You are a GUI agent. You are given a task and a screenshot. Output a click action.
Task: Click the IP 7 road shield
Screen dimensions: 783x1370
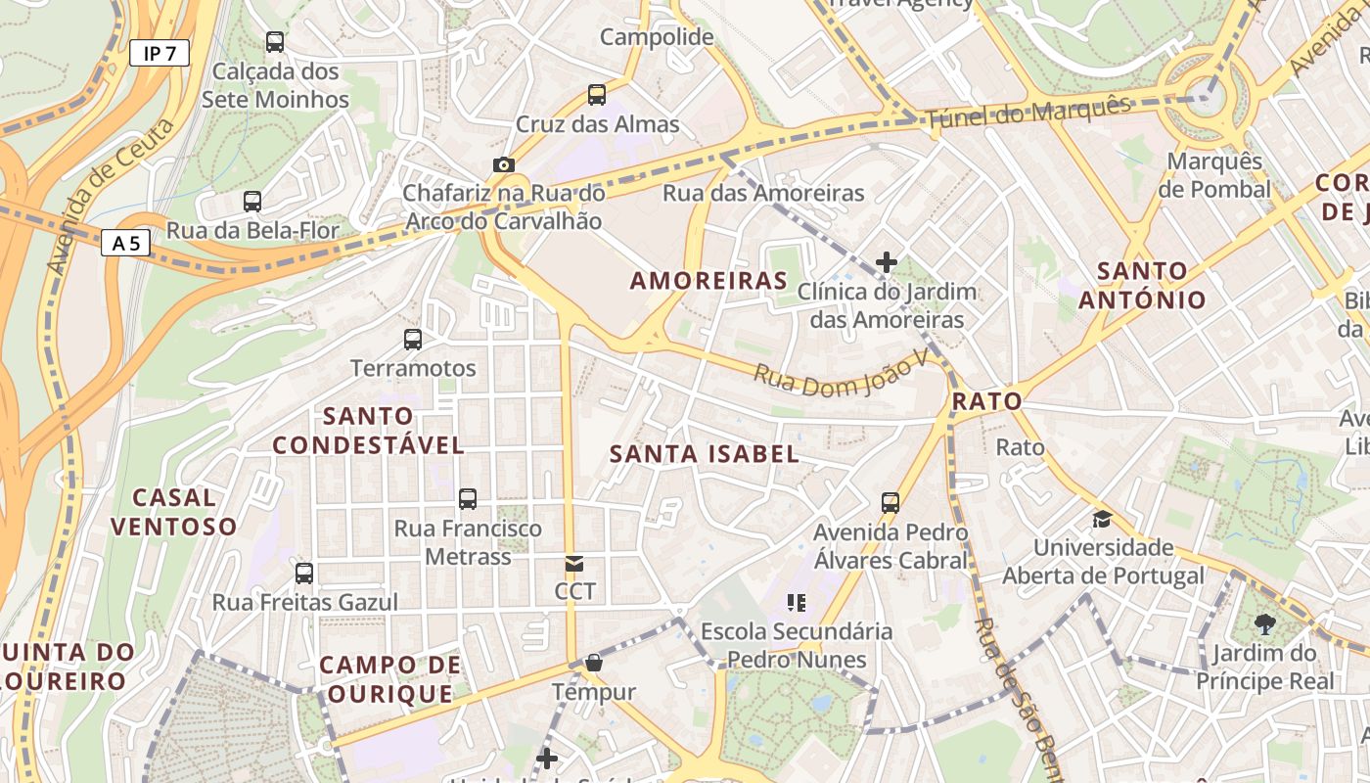coord(159,53)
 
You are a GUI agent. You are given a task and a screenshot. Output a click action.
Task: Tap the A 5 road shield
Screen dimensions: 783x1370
coord(126,243)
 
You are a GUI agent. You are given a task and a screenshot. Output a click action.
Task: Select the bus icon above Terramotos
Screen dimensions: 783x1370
coord(413,340)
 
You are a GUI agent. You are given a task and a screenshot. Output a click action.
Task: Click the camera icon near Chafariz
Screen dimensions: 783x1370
coord(503,164)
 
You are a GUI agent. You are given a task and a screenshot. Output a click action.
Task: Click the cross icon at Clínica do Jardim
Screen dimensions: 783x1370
coord(887,262)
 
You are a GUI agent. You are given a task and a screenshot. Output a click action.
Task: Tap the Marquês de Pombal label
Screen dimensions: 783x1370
coord(1214,175)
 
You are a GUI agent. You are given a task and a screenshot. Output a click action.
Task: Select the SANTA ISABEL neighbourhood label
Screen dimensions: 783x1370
coord(704,454)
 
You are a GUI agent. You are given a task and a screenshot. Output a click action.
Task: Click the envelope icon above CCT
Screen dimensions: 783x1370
coord(574,564)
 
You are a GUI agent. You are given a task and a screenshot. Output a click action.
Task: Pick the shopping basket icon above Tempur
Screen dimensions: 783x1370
coord(593,664)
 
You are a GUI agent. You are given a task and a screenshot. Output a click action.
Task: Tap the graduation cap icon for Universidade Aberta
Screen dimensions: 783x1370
coord(1103,519)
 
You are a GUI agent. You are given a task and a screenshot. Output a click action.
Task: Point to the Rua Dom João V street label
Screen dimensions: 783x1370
coord(841,375)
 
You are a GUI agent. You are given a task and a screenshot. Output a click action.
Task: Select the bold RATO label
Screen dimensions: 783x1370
coord(986,401)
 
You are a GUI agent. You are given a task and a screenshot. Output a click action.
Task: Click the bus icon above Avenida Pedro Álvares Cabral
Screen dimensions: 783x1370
coord(890,503)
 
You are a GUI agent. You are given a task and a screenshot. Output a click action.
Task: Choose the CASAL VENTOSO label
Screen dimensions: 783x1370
coord(173,512)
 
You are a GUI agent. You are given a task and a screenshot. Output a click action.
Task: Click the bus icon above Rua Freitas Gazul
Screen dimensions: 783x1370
coord(304,574)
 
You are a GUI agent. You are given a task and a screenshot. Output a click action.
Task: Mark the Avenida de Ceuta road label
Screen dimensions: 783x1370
coord(110,197)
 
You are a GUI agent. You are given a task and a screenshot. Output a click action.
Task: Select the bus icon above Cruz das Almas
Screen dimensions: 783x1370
coord(597,95)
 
